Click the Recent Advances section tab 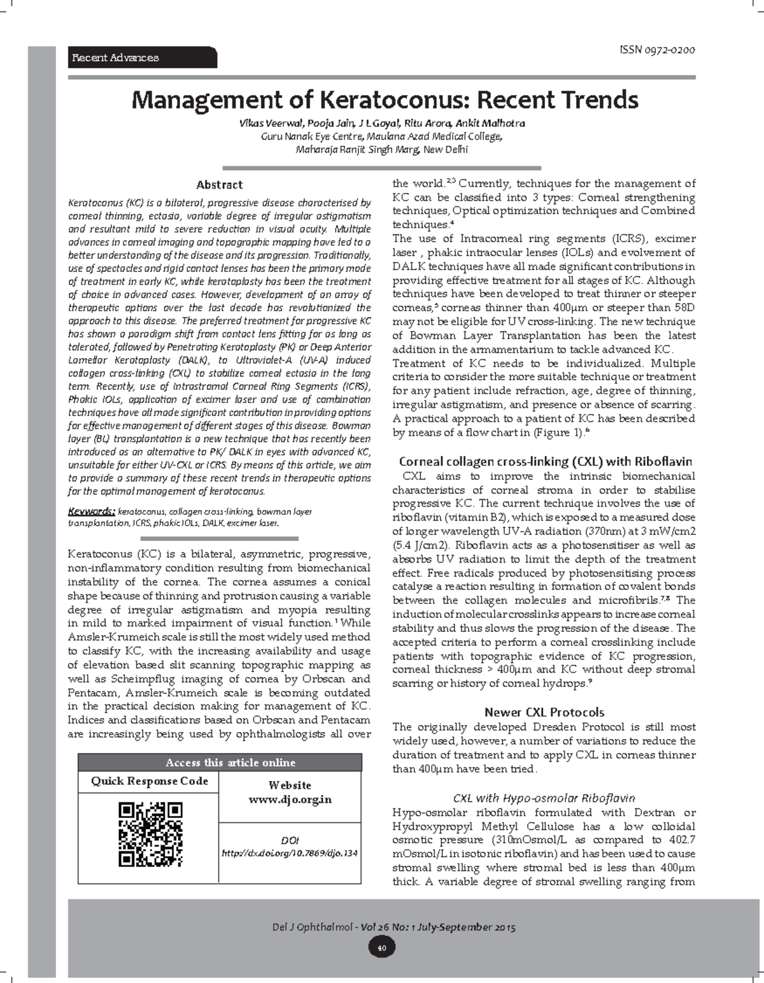pyautogui.click(x=116, y=58)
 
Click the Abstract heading pyautogui.click(x=219, y=185)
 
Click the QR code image pyautogui.click(x=150, y=835)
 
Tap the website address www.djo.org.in pyautogui.click(x=290, y=800)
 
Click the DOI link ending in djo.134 pyautogui.click(x=290, y=852)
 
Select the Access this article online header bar pyautogui.click(x=220, y=763)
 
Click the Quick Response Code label pyautogui.click(x=149, y=781)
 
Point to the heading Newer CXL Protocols pyautogui.click(x=544, y=712)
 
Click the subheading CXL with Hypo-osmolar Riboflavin pyautogui.click(x=544, y=798)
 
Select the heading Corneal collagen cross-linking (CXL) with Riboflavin pyautogui.click(x=545, y=462)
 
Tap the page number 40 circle pyautogui.click(x=381, y=947)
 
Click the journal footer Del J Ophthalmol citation pyautogui.click(x=393, y=927)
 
